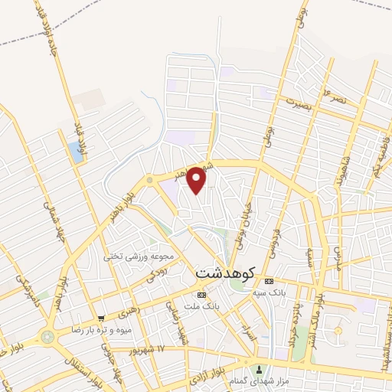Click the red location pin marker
pyautogui.click(x=197, y=181)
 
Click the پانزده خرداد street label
pyautogui.click(x=296, y=321)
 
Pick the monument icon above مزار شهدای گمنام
pyautogui.click(x=257, y=368)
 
